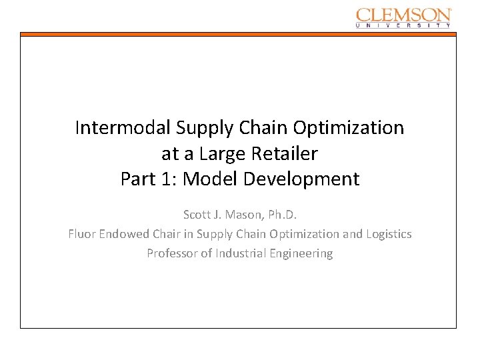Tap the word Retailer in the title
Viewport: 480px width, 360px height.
point(285,153)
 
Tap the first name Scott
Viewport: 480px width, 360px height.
point(197,215)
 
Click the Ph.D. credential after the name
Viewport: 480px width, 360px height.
point(283,215)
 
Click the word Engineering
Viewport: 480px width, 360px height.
point(301,253)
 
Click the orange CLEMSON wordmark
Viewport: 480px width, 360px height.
point(404,15)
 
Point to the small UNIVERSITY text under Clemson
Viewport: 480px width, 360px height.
point(404,25)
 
